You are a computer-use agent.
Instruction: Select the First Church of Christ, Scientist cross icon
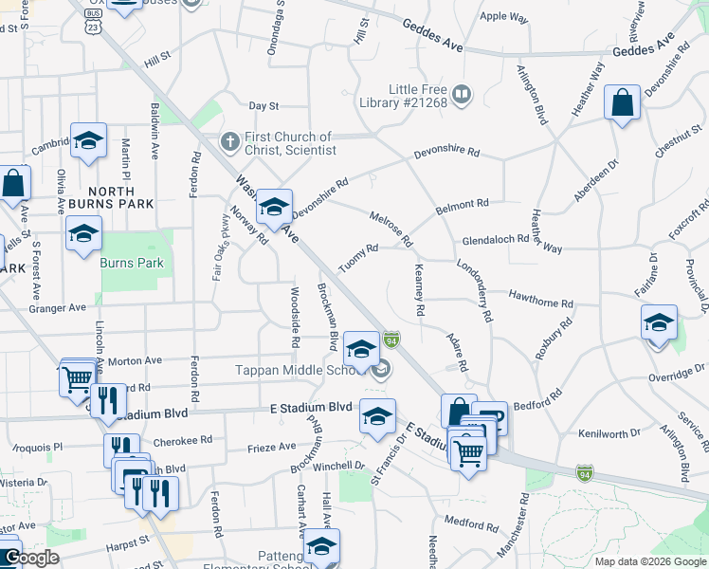pyautogui.click(x=229, y=142)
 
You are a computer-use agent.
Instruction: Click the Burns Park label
pyautogui.click(x=132, y=263)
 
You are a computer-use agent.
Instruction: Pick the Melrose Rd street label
pyautogui.click(x=391, y=229)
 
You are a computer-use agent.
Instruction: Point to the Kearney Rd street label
pyautogui.click(x=418, y=290)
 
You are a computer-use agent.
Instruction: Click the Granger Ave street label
pyautogui.click(x=56, y=307)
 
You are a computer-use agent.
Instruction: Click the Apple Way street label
pyautogui.click(x=503, y=16)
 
